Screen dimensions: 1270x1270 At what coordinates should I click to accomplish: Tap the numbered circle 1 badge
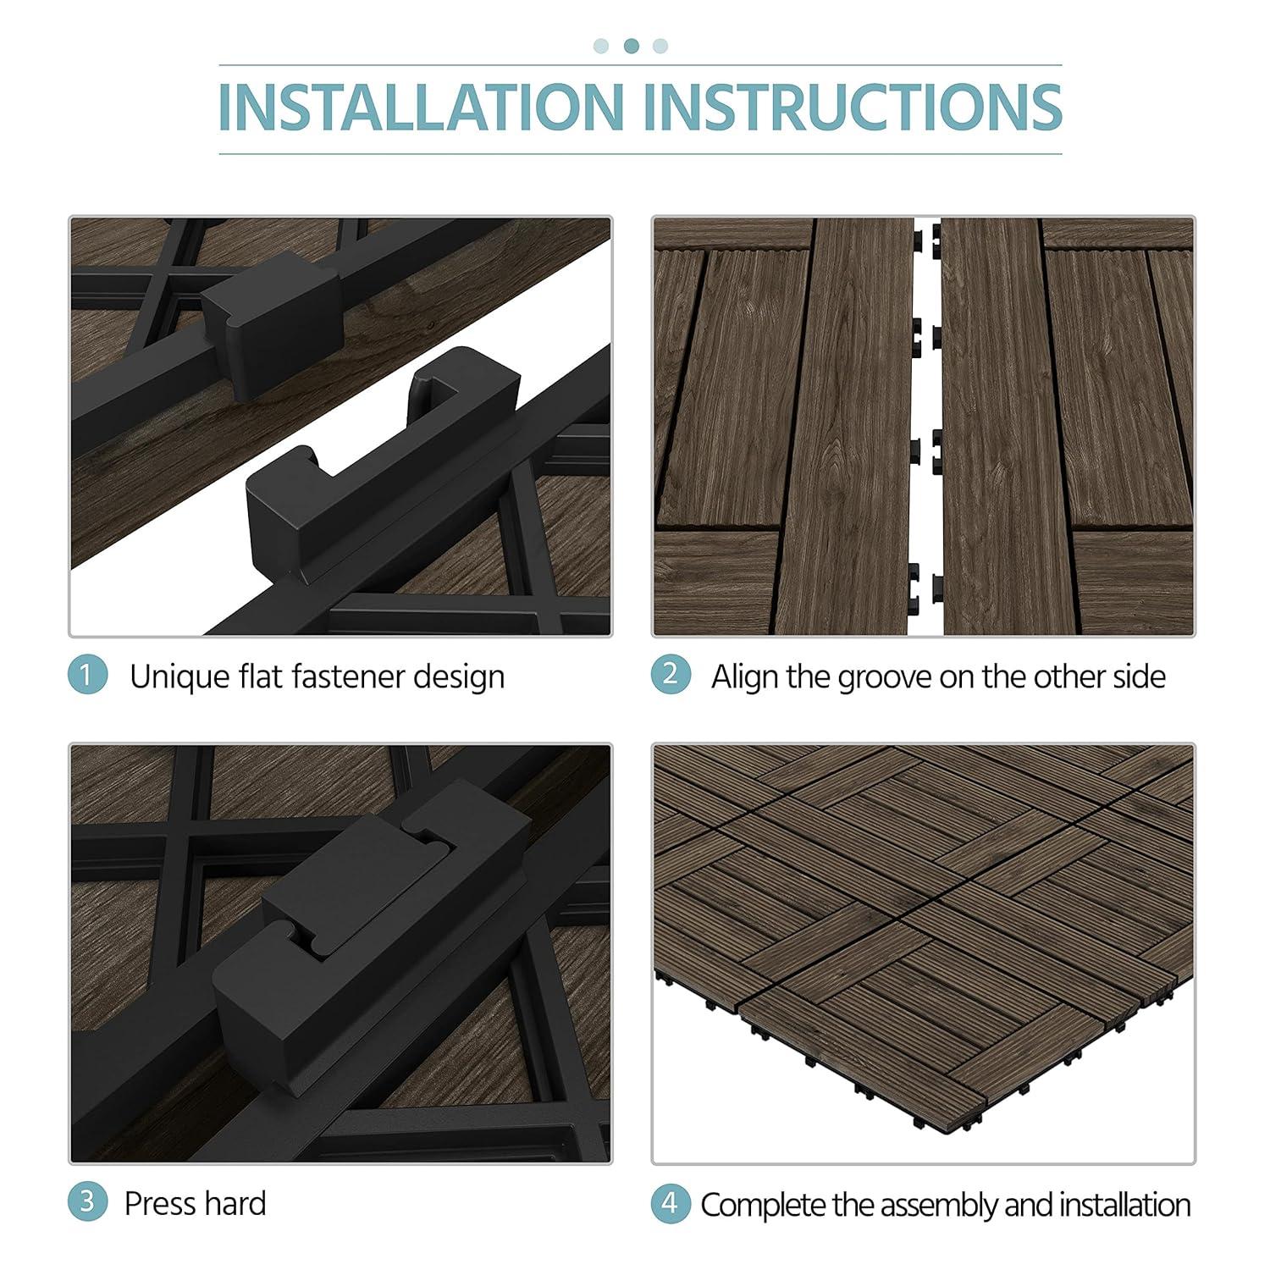click(x=87, y=676)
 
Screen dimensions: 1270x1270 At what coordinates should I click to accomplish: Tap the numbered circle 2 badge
click(x=671, y=675)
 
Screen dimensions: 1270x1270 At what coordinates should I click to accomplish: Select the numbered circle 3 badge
click(x=87, y=1203)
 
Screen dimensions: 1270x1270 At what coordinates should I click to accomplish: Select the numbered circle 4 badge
click(x=671, y=1203)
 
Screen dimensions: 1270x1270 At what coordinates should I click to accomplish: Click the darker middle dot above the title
click(x=631, y=46)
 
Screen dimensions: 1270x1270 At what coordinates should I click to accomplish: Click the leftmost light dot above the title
click(x=601, y=46)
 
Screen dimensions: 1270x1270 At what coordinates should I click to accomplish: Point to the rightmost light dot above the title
click(x=660, y=46)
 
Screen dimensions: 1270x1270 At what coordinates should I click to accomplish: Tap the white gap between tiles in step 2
click(x=925, y=508)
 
